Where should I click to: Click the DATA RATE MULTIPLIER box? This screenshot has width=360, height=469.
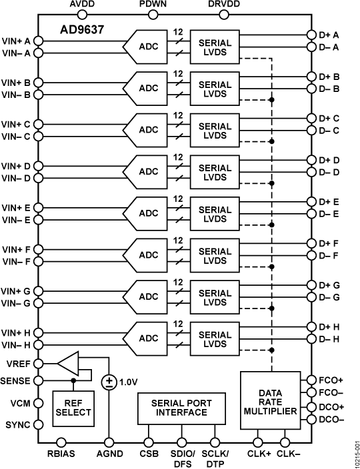270,403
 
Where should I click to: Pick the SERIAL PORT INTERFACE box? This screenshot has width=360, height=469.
179,408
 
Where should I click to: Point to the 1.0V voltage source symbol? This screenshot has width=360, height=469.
108,382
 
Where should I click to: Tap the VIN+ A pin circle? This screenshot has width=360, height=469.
38,41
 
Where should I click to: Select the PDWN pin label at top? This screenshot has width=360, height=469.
153,5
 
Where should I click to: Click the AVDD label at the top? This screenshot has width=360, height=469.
83,5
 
